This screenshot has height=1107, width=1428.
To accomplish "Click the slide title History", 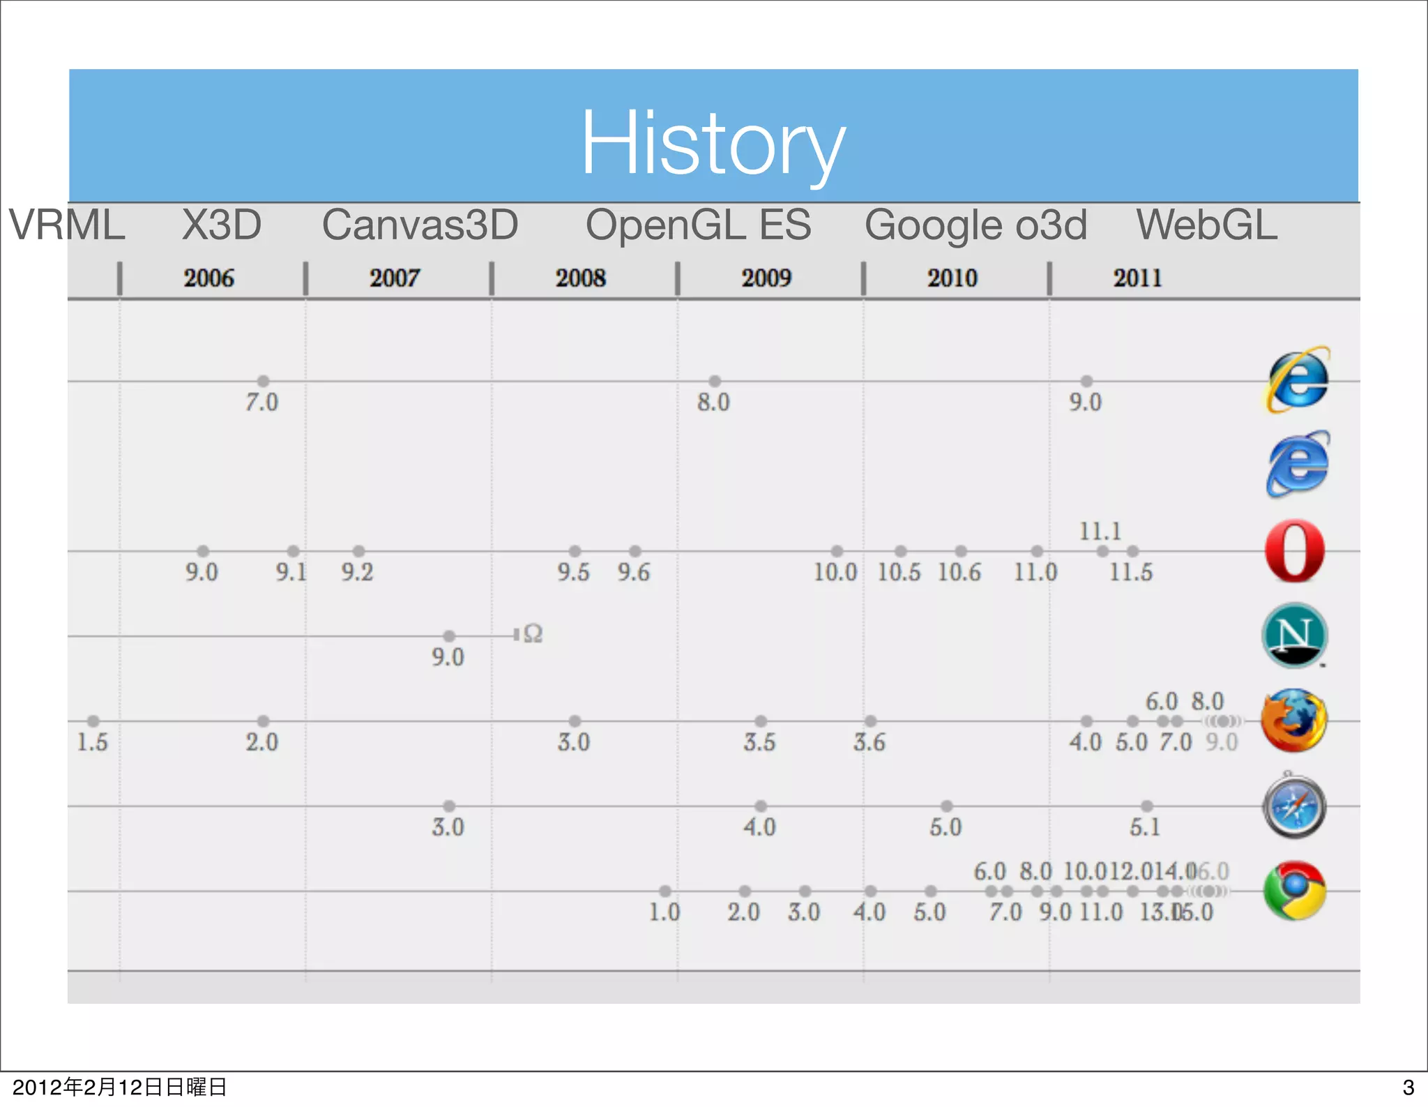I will click(x=713, y=144).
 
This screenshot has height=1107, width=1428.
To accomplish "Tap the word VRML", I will click(x=67, y=225).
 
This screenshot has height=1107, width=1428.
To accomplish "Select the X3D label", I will click(x=222, y=225).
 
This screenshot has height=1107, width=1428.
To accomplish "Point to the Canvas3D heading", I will click(x=420, y=225).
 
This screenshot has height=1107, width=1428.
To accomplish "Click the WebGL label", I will click(x=1207, y=225).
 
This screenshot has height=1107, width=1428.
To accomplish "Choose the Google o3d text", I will click(x=975, y=225).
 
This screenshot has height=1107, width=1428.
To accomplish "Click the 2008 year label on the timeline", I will click(x=580, y=278).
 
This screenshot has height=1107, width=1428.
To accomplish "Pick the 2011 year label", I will click(x=1137, y=278).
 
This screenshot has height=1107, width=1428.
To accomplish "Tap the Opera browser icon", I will click(x=1295, y=550).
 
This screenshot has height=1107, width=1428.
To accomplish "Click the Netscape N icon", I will click(x=1294, y=635).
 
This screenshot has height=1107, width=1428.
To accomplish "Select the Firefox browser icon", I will click(x=1294, y=721).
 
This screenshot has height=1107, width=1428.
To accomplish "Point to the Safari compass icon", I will click(x=1294, y=806).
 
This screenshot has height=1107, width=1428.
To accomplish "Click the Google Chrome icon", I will click(x=1294, y=891).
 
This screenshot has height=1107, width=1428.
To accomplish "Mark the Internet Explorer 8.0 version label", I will click(x=713, y=402).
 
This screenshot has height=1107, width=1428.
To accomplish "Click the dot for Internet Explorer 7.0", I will click(x=263, y=381).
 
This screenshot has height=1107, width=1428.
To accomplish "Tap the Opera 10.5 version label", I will click(x=898, y=573).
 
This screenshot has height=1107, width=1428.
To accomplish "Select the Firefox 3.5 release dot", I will click(x=761, y=721).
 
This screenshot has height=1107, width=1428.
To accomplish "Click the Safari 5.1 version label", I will click(x=1145, y=827).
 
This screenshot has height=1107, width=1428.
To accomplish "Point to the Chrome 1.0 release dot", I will click(x=665, y=891).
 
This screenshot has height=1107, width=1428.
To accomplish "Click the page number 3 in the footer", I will click(x=1408, y=1087).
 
